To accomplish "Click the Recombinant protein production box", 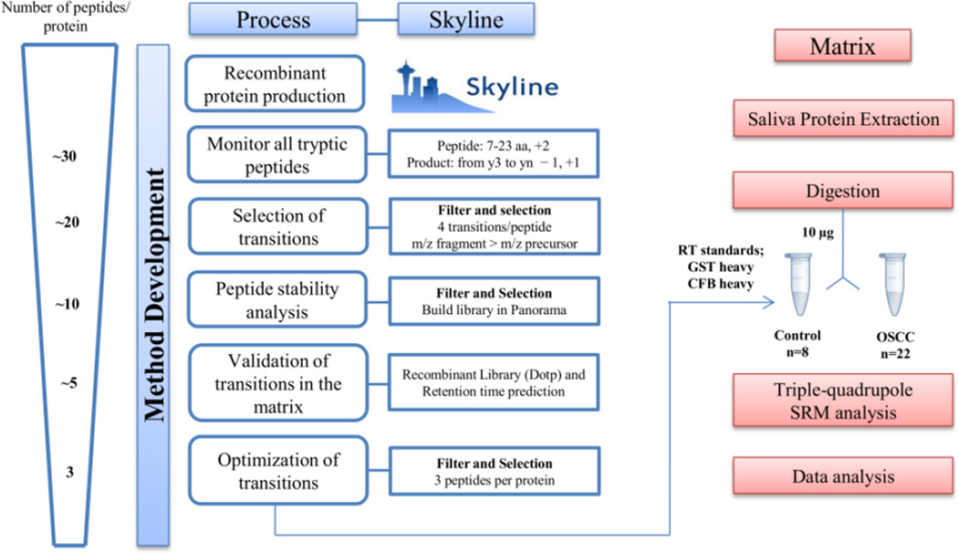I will tap(275, 84).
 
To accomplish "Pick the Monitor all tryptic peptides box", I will tap(275, 155).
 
